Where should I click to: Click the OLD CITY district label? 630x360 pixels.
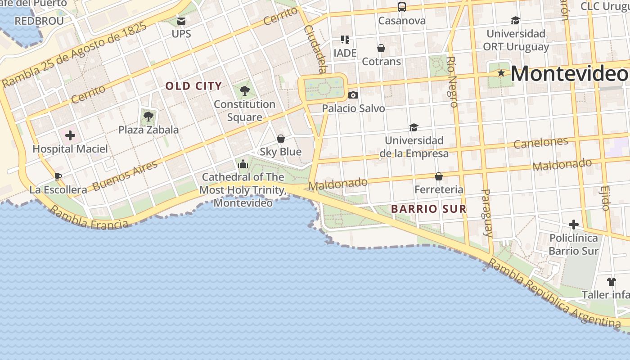tap(193, 86)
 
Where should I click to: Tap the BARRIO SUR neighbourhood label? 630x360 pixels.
tap(428, 209)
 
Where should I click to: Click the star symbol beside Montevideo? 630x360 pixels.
tap(501, 73)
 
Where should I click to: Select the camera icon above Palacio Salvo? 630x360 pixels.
tap(353, 95)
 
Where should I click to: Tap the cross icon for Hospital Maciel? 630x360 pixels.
tap(70, 135)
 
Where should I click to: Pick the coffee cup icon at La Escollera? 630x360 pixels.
tap(58, 176)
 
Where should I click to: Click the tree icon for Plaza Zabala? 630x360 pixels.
tap(148, 117)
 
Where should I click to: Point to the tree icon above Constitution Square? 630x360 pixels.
tap(245, 91)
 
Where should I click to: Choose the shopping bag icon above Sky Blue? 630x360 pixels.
tap(281, 139)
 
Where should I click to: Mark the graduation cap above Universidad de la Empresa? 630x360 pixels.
tap(414, 128)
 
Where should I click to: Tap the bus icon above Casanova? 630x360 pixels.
tap(402, 7)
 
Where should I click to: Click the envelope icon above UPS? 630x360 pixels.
tap(181, 21)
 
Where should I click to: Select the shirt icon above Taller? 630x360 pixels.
tap(611, 282)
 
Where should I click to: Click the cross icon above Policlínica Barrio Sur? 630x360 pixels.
tap(574, 225)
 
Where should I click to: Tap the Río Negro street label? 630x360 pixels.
tap(453, 81)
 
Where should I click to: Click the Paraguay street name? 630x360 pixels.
tap(487, 213)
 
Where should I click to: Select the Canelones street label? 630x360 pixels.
tap(541, 143)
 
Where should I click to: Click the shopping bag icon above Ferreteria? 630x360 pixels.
tap(439, 176)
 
